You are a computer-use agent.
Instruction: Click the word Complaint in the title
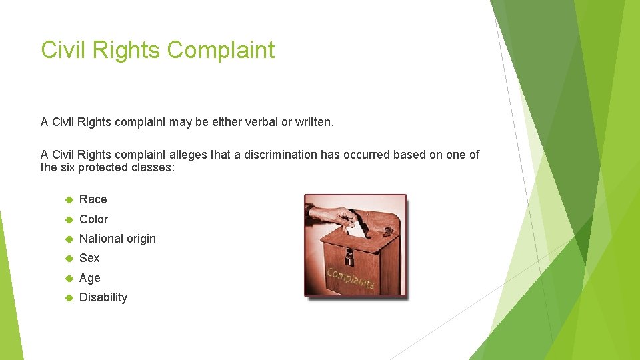coord(221,51)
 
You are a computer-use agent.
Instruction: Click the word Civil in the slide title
coord(62,51)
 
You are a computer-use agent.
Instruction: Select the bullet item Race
coord(93,199)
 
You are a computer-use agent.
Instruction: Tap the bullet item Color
coord(93,219)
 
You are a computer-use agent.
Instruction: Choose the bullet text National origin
coord(117,239)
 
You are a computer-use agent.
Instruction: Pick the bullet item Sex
coord(89,258)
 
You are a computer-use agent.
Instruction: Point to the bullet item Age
coord(90,278)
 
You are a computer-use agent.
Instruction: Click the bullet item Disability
coord(103,297)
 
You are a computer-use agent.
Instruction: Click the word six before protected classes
coord(67,167)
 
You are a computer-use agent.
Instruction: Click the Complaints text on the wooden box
coord(351,279)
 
